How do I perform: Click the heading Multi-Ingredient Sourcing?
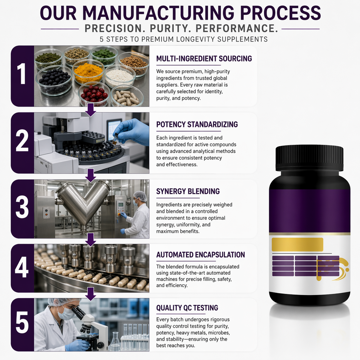[x=204, y=58]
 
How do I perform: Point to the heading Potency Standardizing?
[x=197, y=124]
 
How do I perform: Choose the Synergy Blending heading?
[x=188, y=191]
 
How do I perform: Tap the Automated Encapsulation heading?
[x=200, y=255]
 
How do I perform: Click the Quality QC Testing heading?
[x=187, y=307]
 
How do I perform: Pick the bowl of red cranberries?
[x=94, y=93]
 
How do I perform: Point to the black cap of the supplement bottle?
[x=309, y=158]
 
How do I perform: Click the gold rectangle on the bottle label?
[x=297, y=244]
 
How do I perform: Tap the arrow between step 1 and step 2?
[x=91, y=110]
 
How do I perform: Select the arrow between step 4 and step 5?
[x=91, y=294]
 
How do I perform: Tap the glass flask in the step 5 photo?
[x=115, y=342]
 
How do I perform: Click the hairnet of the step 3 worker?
[x=140, y=196]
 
